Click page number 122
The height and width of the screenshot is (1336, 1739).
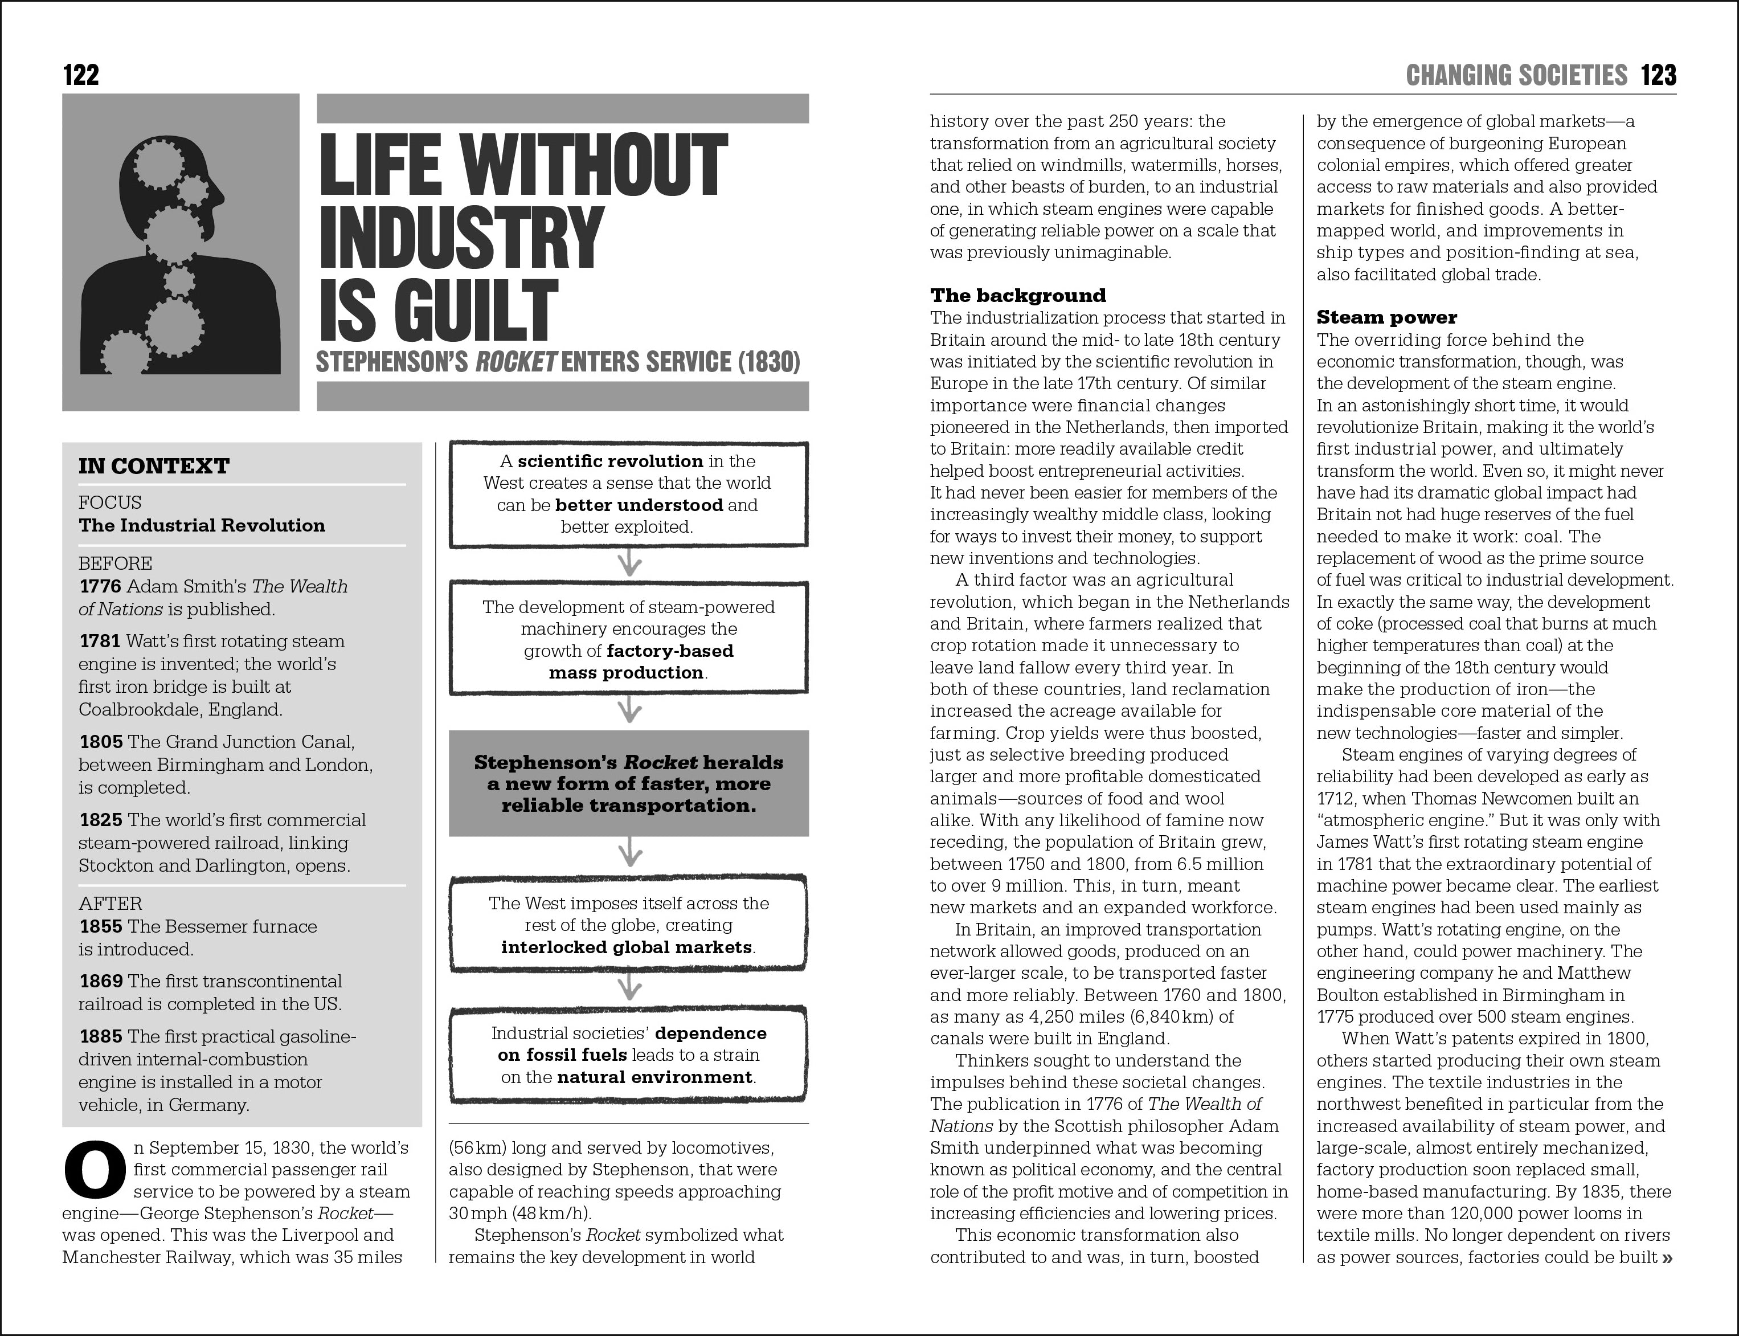(80, 76)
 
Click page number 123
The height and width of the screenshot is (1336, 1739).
(1658, 76)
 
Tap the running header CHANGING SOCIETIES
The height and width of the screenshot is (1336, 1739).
(1516, 76)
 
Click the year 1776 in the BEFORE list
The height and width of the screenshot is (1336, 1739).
(100, 587)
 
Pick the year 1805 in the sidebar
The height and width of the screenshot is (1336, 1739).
(101, 742)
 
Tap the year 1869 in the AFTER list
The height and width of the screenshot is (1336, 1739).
(101, 981)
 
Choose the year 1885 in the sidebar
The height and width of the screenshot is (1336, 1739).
(101, 1037)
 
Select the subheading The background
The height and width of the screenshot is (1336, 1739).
(1018, 296)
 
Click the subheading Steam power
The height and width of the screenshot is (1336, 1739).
(1386, 317)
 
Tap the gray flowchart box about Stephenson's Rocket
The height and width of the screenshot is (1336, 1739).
(628, 783)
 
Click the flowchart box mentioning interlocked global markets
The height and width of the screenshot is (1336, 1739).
(628, 925)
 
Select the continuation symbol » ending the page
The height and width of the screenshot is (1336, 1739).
(1666, 1257)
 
